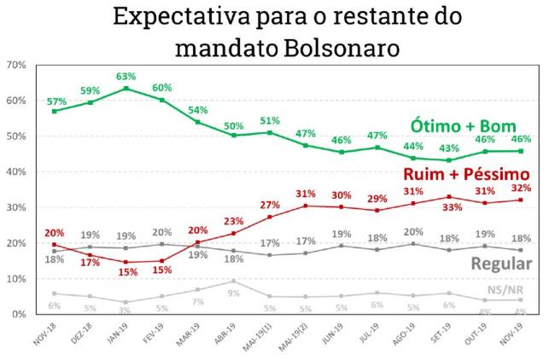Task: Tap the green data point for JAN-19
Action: tap(126, 88)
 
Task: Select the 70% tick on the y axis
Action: tap(15, 65)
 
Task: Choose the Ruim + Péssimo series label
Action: tap(466, 174)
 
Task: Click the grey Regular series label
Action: tap(501, 264)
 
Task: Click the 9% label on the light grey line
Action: tap(234, 293)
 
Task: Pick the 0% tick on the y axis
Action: tap(17, 314)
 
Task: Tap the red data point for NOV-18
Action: tap(54, 244)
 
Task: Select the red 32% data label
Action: tap(522, 188)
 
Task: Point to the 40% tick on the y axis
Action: tap(15, 171)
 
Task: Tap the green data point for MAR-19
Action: tap(198, 121)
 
